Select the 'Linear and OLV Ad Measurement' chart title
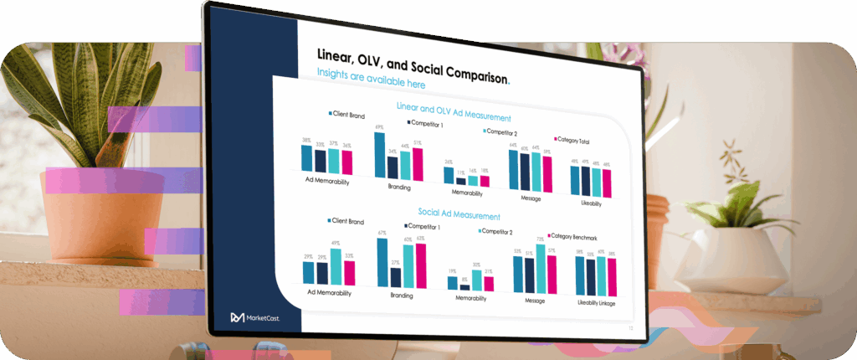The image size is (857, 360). (x=453, y=112)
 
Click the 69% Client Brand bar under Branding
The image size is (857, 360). (x=379, y=156)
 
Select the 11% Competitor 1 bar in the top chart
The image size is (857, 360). (x=460, y=180)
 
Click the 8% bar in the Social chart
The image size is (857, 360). (x=464, y=285)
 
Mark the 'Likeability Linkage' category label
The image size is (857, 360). (x=596, y=303)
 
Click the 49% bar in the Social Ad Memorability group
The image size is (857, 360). (x=336, y=266)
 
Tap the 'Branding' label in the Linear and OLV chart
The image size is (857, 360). (x=399, y=187)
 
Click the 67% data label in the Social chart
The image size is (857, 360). (x=382, y=233)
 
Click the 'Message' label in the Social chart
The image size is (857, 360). (x=536, y=300)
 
